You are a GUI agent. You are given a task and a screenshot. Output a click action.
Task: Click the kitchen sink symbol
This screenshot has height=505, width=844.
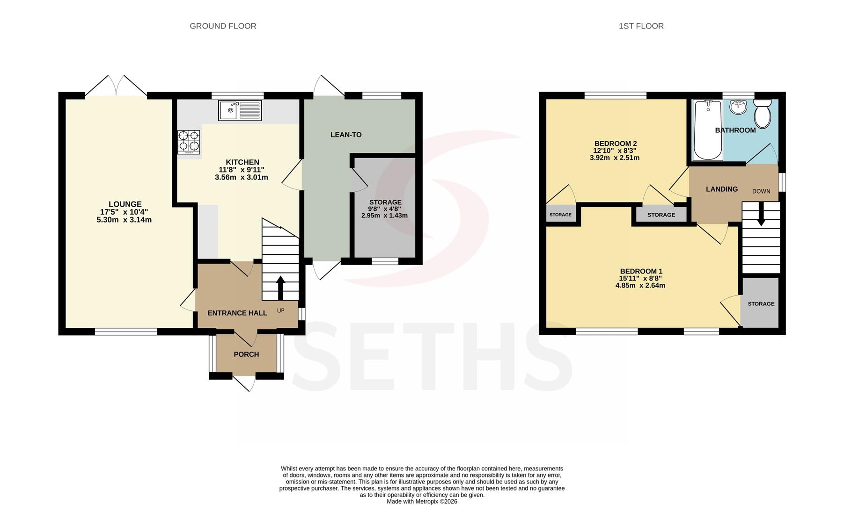point(240,110)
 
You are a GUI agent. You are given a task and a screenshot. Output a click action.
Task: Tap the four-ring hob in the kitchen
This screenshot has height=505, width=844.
point(189,142)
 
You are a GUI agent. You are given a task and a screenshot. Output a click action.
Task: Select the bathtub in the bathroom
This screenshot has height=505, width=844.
point(708,130)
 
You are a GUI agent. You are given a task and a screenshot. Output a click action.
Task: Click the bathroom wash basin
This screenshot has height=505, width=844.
point(739,107)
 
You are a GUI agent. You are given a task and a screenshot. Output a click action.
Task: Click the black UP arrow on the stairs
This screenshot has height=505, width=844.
point(281,288)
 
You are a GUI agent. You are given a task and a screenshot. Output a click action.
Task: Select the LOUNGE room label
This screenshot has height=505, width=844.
point(125,204)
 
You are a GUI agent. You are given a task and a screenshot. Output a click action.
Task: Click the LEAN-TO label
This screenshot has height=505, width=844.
point(346,135)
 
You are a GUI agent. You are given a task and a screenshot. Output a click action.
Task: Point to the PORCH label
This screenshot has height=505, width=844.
point(246,354)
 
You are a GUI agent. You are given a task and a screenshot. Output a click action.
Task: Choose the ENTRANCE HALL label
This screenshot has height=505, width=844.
point(237,313)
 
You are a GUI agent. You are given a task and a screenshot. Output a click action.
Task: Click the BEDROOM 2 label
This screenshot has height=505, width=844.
point(616,144)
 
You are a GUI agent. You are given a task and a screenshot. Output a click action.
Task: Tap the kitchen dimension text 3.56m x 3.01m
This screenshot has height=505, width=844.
point(242,178)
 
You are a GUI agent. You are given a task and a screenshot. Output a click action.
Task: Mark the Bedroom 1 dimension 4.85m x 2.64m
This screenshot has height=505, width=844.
point(640,286)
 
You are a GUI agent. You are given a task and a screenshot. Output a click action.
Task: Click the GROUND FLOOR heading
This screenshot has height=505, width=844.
point(223,26)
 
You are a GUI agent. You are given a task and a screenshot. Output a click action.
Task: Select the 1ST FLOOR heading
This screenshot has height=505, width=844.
point(641,26)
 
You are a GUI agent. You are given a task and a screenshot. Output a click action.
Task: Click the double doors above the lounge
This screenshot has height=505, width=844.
point(116,86)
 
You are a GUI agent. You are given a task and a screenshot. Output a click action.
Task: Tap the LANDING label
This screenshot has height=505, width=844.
point(722,189)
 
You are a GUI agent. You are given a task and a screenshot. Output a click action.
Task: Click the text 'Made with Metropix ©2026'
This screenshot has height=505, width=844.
point(422,502)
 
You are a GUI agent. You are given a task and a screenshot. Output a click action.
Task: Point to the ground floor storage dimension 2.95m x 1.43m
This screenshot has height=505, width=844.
point(384,216)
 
